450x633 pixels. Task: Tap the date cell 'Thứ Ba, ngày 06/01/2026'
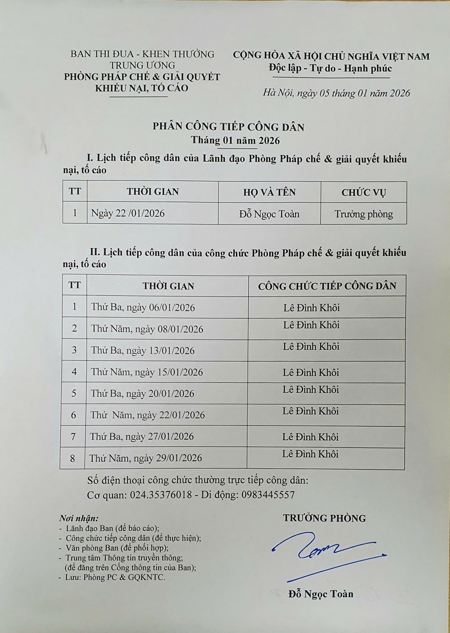click(x=143, y=307)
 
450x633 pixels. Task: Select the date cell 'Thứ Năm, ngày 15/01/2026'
click(x=147, y=372)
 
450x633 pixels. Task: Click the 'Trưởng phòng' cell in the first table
click(x=363, y=214)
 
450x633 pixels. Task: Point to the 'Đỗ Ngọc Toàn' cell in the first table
click(x=269, y=214)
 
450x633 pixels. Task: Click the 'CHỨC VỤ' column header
click(x=363, y=192)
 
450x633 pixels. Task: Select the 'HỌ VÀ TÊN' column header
click(x=269, y=192)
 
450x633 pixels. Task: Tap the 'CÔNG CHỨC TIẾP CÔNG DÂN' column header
click(x=327, y=286)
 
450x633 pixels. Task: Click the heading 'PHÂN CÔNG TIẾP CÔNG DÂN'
click(x=228, y=127)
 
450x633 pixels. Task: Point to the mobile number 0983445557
click(x=268, y=495)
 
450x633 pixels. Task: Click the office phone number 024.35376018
click(x=161, y=495)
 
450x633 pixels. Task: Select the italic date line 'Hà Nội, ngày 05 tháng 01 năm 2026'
click(x=336, y=93)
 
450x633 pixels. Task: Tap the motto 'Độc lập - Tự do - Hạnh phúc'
click(x=330, y=68)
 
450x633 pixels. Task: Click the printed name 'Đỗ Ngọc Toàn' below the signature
click(x=321, y=594)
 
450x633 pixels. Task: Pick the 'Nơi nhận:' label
click(x=79, y=519)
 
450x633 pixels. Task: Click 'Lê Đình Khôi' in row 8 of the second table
click(x=310, y=454)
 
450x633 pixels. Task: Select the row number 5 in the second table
click(x=74, y=393)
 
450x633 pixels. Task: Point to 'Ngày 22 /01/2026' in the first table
click(x=128, y=213)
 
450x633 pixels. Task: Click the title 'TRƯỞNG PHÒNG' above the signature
click(x=324, y=518)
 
